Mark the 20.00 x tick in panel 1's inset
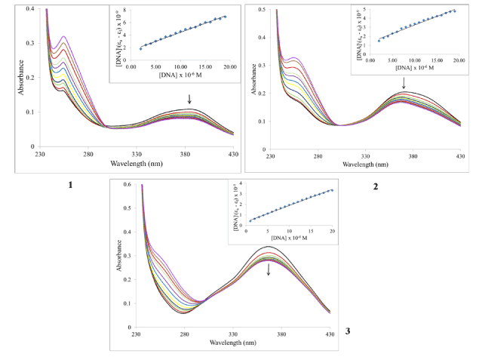pos(229,66)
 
